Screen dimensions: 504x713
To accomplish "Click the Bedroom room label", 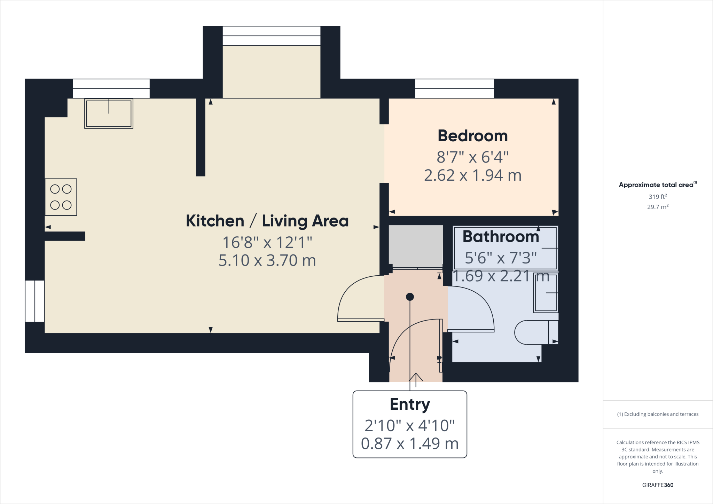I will click(472, 136).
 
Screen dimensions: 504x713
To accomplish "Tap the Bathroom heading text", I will click(501, 237).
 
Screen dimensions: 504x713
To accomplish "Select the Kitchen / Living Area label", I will click(267, 221).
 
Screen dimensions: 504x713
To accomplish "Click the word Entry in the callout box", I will click(410, 405).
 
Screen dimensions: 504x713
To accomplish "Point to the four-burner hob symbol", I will click(61, 197).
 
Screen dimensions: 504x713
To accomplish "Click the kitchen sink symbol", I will click(109, 113).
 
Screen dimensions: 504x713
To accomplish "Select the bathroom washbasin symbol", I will click(546, 293).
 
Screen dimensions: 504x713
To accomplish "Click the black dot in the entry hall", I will click(410, 297).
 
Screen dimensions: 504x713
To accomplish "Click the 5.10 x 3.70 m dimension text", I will click(267, 261).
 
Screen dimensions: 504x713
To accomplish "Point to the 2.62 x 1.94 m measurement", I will click(472, 175).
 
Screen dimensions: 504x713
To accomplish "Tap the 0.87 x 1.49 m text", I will click(410, 444).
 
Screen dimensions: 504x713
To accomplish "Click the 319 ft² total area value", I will click(658, 197).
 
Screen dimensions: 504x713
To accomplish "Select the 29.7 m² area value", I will click(658, 207).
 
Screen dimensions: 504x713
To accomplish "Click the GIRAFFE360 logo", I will click(658, 485).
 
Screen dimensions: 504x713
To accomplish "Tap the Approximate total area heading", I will click(657, 185).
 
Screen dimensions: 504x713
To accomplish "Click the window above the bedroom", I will click(454, 89).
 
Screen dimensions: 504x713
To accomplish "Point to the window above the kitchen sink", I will click(111, 89).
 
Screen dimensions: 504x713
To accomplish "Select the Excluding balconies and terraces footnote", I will click(658, 414).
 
